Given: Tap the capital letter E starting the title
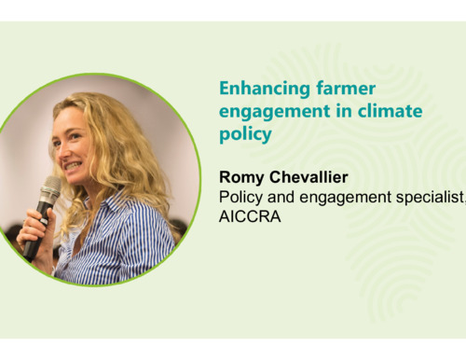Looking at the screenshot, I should [225, 89].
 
